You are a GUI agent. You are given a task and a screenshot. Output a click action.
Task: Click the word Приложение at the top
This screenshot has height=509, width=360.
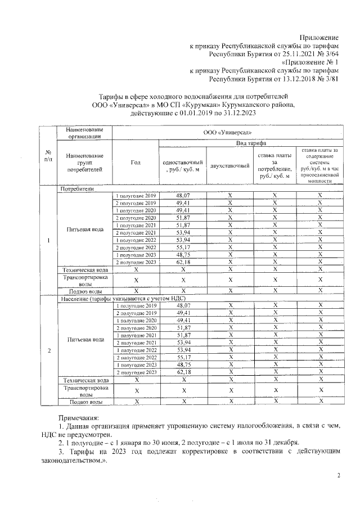[320, 37]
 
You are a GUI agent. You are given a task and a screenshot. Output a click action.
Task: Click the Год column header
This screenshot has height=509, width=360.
[135, 163]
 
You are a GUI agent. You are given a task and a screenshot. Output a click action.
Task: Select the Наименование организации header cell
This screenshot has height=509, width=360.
[84, 132]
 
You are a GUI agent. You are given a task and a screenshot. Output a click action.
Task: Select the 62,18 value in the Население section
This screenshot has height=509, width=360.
[183, 372]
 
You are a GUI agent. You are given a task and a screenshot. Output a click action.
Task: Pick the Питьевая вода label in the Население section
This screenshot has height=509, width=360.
[85, 339]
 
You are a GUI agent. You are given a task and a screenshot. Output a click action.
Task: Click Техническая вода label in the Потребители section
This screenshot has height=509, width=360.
[84, 271]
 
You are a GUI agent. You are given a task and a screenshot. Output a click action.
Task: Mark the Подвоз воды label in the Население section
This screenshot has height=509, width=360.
[84, 402]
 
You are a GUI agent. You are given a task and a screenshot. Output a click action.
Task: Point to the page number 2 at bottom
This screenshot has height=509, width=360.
[339, 476]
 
